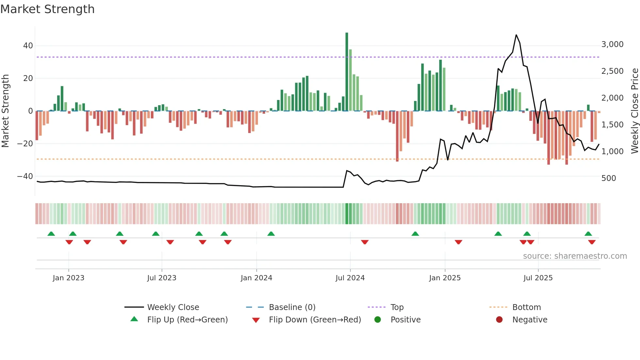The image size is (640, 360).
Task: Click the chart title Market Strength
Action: pyautogui.click(x=47, y=9)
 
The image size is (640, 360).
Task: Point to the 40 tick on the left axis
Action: pyautogui.click(x=28, y=46)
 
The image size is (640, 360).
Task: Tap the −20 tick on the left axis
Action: pyautogui.click(x=25, y=144)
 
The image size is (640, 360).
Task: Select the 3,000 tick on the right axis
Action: pyautogui.click(x=612, y=44)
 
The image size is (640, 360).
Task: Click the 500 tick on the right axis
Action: pyautogui.click(x=608, y=178)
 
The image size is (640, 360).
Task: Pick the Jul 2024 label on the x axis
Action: pyautogui.click(x=350, y=278)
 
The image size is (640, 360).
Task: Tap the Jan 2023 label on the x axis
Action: pyautogui.click(x=68, y=278)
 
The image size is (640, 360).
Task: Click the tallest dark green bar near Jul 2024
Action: pyautogui.click(x=347, y=72)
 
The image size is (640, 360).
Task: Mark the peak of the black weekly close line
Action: pyautogui.click(x=516, y=35)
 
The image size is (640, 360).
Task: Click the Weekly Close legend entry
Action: pyautogui.click(x=173, y=307)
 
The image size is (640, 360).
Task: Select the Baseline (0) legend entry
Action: pyautogui.click(x=292, y=307)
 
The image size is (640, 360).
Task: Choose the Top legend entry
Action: pyautogui.click(x=397, y=307)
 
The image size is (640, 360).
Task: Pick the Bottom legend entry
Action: pyautogui.click(x=526, y=307)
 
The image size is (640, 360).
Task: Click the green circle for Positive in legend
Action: pyautogui.click(x=378, y=320)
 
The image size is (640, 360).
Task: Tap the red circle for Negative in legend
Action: pyautogui.click(x=499, y=320)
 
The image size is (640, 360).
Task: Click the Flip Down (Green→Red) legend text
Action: pyautogui.click(x=315, y=320)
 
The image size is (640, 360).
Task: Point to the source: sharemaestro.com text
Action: pyautogui.click(x=575, y=256)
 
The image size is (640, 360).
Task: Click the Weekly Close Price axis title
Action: pyautogui.click(x=634, y=111)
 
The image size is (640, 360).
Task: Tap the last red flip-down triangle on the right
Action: pyautogui.click(x=592, y=242)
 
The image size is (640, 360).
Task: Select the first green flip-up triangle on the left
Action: pyautogui.click(x=51, y=234)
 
